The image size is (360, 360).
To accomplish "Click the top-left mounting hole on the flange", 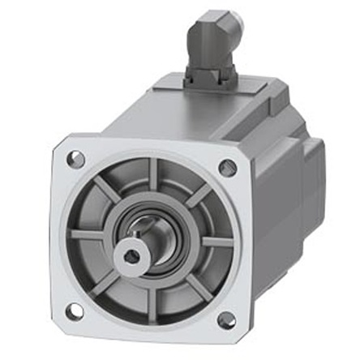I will (x=75, y=159).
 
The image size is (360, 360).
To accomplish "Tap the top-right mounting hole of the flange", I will (x=228, y=168).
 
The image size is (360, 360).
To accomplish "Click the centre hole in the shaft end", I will (x=132, y=255).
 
